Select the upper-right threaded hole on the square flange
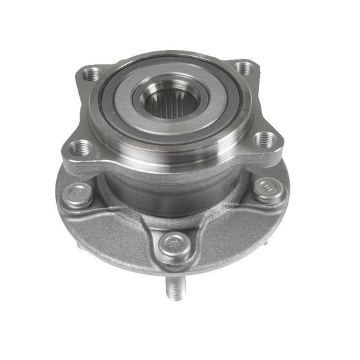pos(247,68)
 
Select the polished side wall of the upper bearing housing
pos(169,152)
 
